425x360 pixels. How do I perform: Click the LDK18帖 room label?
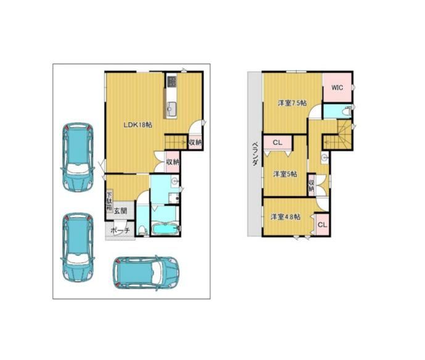tap(138, 125)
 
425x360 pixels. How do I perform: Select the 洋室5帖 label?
tap(285, 174)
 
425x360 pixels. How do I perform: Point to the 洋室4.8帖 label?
tap(286, 217)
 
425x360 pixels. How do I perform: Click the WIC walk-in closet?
tap(337, 87)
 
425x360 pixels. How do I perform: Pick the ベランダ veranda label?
tap(255, 154)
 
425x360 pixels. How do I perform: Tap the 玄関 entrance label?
tap(120, 211)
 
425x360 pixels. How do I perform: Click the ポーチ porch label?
tap(120, 231)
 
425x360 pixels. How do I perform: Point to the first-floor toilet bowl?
tap(142, 230)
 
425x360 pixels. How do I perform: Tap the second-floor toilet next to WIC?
tap(347, 111)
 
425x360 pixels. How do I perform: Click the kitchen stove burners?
tap(172, 81)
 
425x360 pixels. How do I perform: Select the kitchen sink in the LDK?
tap(171, 107)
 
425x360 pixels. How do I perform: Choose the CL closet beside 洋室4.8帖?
tap(322, 225)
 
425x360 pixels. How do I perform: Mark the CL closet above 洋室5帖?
tap(278, 142)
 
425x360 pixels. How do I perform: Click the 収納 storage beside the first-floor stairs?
tap(195, 142)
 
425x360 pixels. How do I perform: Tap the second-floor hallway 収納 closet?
tap(311, 185)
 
